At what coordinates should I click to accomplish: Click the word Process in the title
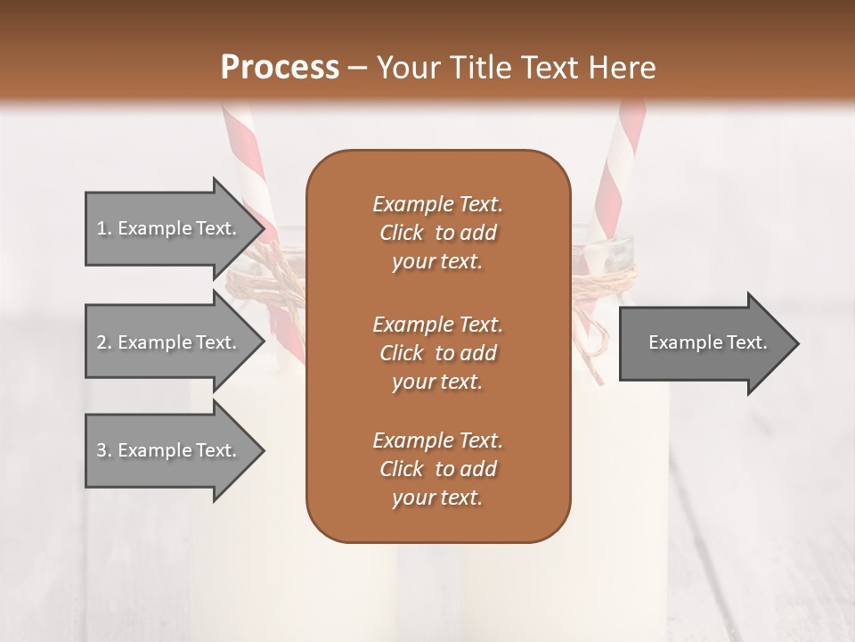click(280, 67)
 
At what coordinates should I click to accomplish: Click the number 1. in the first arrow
click(103, 228)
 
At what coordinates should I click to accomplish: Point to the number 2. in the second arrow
click(103, 342)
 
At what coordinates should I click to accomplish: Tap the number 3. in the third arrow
click(103, 450)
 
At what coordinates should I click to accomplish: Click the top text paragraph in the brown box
click(437, 233)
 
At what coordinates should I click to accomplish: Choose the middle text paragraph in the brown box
click(437, 352)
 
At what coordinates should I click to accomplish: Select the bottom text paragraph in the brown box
click(437, 469)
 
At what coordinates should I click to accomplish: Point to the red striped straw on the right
click(622, 169)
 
